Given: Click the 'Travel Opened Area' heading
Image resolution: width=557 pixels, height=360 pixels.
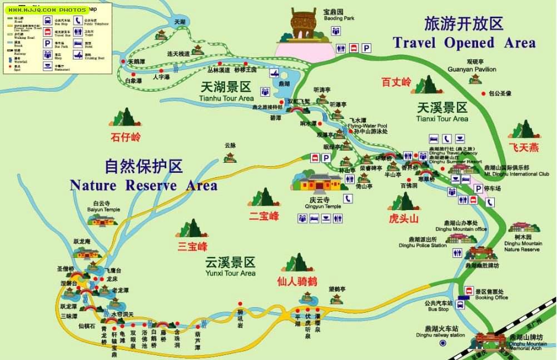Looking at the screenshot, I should [x=464, y=43].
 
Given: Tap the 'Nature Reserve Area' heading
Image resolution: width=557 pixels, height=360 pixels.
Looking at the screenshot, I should [x=143, y=185].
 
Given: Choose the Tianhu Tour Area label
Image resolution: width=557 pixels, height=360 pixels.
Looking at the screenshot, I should [x=226, y=98].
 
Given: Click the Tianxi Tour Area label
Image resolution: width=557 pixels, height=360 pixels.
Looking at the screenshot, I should [x=442, y=118].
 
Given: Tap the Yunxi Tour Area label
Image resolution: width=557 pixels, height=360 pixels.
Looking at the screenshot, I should [x=230, y=273].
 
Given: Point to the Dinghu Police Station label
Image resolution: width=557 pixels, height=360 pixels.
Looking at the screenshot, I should [x=422, y=245].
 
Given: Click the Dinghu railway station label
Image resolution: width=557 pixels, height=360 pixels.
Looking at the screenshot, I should [x=441, y=335].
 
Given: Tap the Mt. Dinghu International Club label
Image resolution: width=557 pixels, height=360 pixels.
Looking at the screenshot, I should [x=517, y=174].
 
